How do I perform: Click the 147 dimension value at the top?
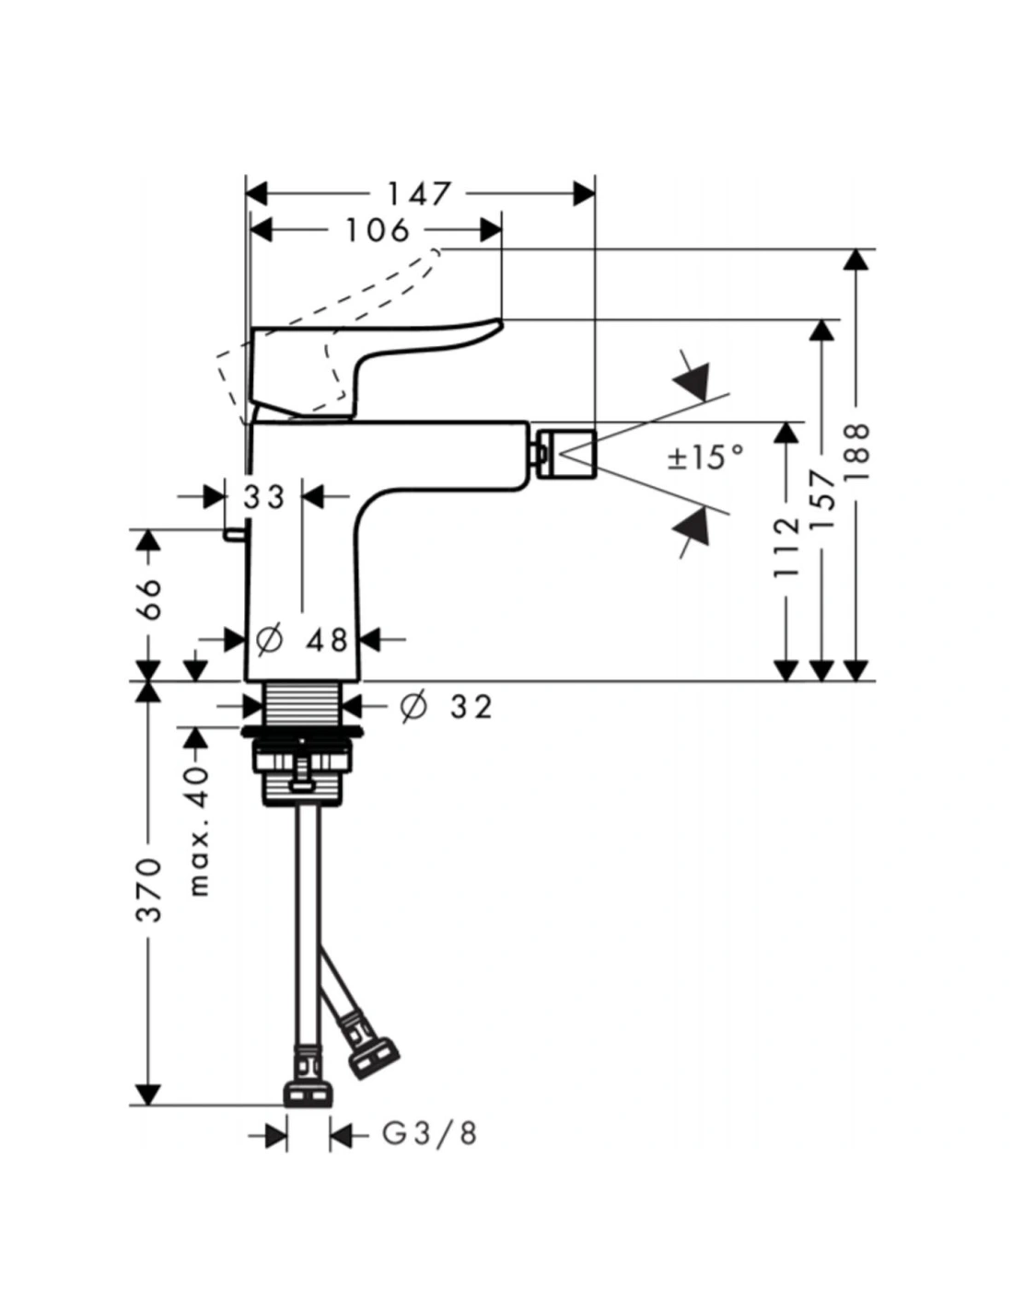[x=418, y=194]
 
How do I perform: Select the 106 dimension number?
[x=377, y=230]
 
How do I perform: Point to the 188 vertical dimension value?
[x=857, y=451]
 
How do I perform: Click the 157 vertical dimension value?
[x=822, y=499]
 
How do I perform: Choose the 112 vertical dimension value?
[x=786, y=548]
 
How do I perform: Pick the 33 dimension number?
[x=264, y=497]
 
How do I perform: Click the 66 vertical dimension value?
[x=149, y=598]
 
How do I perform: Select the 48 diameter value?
[x=327, y=640]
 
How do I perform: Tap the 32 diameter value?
[x=472, y=707]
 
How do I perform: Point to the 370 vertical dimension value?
[x=149, y=890]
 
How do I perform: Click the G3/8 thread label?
[x=430, y=1133]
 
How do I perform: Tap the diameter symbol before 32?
[x=413, y=706]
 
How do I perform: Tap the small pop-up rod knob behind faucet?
[x=235, y=534]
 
